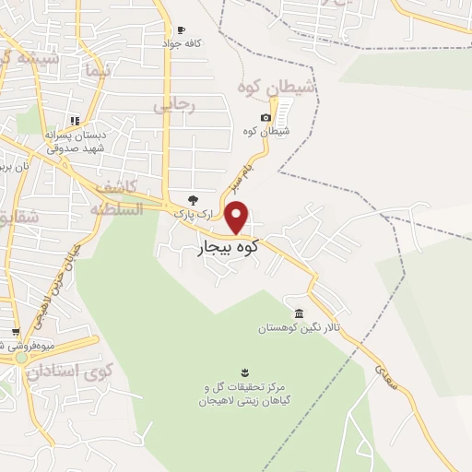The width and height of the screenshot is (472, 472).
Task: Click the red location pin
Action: click(x=237, y=216)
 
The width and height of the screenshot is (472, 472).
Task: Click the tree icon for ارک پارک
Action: click(x=193, y=199)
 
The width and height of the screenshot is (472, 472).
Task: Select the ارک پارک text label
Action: click(x=194, y=214)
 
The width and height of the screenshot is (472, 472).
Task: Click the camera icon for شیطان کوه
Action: click(x=265, y=117)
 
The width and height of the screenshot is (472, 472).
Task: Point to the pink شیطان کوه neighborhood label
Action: click(x=277, y=87)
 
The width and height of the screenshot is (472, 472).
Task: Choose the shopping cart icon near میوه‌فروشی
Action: click(x=16, y=333)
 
